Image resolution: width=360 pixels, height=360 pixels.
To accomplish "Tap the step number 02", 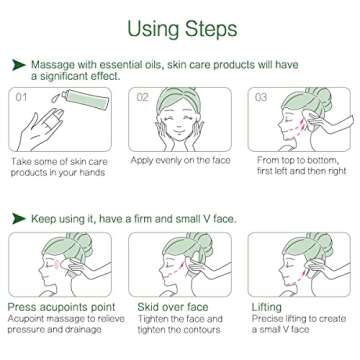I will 142,97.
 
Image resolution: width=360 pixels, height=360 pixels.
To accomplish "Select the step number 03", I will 261,97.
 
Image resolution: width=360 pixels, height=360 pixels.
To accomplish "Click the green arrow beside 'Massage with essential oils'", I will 18,64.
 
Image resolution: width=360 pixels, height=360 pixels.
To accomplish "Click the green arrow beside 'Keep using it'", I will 18,217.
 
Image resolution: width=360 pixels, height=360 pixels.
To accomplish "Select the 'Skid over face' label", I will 166,305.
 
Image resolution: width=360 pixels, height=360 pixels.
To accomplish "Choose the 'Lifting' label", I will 268,305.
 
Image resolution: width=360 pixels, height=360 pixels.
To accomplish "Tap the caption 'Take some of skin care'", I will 55,160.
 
